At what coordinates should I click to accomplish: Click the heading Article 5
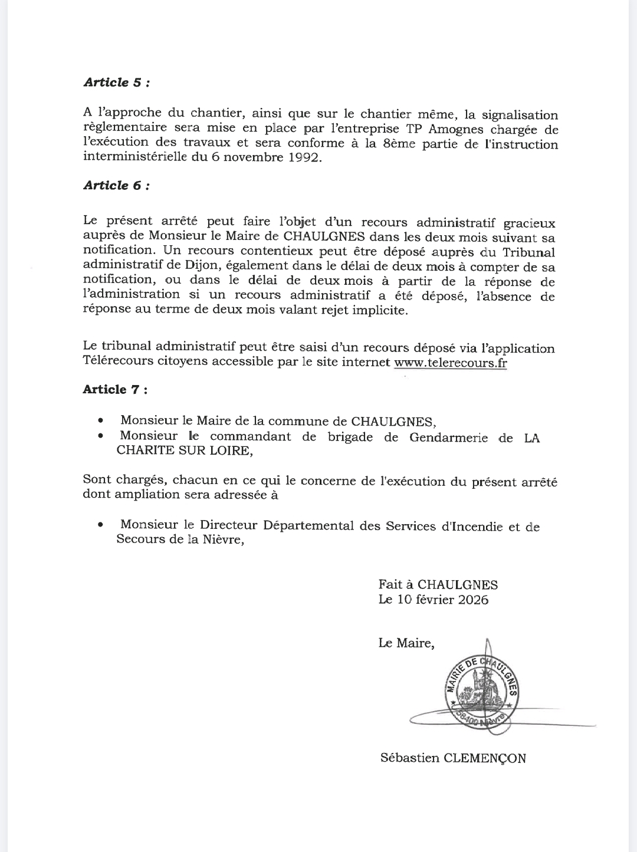pos(116,83)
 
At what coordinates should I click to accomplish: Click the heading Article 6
pos(116,186)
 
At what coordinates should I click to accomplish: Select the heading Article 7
pos(115,390)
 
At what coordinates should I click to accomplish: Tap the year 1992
pos(301,159)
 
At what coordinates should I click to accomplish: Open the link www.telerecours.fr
pos(450,362)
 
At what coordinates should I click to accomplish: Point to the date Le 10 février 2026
pos(434,600)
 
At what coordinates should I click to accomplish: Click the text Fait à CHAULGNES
pos(438,585)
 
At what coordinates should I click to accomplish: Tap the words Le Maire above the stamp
pos(406,643)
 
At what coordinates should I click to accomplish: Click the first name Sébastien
pos(410,758)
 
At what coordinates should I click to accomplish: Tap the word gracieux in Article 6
pos(529,223)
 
